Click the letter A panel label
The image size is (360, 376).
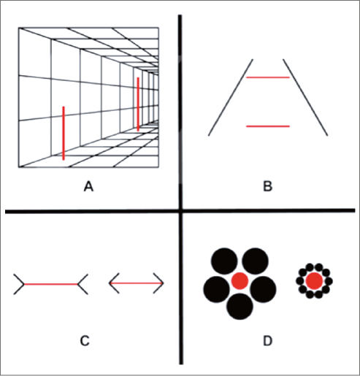click(88, 187)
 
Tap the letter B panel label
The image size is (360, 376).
click(268, 187)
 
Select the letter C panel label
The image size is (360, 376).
click(85, 341)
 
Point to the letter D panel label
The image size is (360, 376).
click(267, 341)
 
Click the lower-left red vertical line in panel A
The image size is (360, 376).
click(64, 133)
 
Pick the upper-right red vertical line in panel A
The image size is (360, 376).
click(138, 104)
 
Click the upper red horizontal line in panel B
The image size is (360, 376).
click(268, 77)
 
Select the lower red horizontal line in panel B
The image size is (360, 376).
click(268, 126)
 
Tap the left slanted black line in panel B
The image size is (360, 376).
click(231, 97)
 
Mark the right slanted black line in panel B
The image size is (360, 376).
click(305, 97)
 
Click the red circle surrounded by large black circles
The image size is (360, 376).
click(240, 281)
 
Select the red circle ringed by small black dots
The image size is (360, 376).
click(314, 281)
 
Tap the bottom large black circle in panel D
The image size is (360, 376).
click(240, 307)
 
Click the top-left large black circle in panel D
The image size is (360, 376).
click(224, 261)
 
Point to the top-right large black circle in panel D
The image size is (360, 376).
click(255, 261)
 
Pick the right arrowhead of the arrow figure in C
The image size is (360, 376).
click(158, 283)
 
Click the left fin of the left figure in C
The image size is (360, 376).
click(19, 284)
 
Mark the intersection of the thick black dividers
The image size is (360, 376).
click(180, 211)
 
